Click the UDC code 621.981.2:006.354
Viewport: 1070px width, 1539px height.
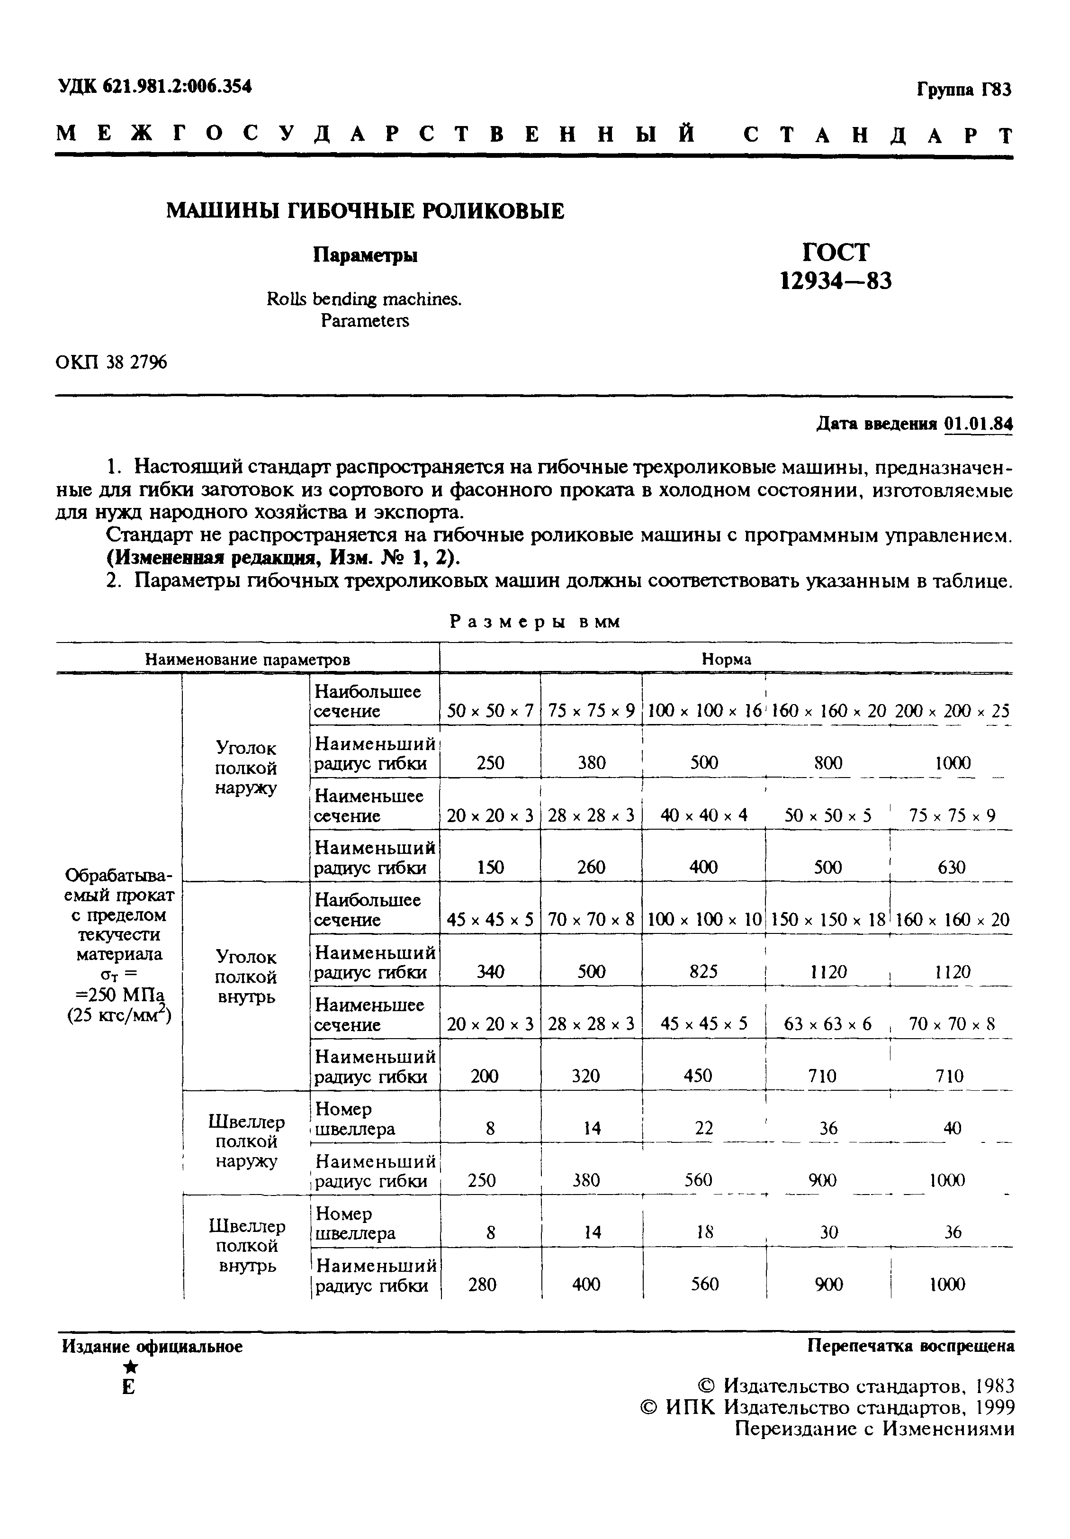[178, 86]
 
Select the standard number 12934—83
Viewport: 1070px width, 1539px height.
[836, 280]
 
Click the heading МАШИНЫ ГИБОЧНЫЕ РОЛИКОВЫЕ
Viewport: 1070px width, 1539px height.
[365, 211]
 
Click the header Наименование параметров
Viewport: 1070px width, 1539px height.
[247, 660]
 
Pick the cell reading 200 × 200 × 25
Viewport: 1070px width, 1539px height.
[952, 711]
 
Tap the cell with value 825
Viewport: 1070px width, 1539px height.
[703, 972]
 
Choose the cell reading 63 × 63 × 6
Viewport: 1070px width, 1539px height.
[828, 1024]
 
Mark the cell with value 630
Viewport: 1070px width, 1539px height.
[952, 868]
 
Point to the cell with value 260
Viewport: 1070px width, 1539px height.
[591, 868]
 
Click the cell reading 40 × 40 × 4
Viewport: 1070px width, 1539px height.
[703, 816]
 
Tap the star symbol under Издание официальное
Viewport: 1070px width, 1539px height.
[131, 1367]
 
